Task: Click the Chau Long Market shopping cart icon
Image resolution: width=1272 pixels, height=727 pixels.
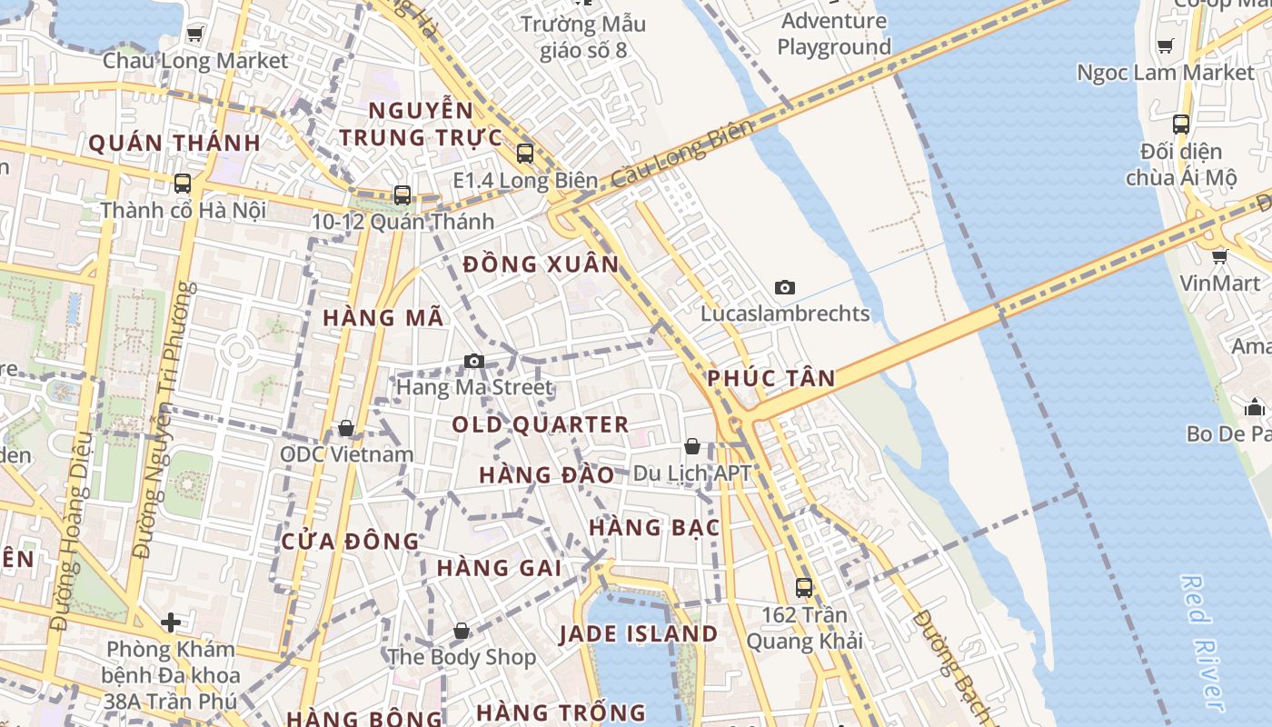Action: coord(194,35)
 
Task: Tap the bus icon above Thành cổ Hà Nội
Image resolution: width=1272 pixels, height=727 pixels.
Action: coord(183,184)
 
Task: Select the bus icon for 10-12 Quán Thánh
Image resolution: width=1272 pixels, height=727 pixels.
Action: coord(402,194)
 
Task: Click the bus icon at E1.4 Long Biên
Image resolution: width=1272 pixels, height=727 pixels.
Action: coord(525,154)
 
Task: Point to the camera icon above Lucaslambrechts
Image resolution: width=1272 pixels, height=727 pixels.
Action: coord(785,288)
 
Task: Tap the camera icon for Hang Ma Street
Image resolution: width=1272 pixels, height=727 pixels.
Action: coord(473,362)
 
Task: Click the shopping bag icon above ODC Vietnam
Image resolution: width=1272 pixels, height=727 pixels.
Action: coord(346,428)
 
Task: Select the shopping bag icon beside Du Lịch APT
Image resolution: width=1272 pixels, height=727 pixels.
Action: coord(692,446)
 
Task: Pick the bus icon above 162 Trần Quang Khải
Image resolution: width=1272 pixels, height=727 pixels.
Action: coord(804,588)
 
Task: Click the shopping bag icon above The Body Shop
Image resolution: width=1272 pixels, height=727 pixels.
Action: coord(462,631)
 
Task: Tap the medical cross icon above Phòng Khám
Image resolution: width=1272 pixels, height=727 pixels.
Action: coord(170,622)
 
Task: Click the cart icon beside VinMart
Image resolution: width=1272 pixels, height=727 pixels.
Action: coord(1220,256)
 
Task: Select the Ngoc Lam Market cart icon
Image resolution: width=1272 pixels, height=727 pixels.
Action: coord(1166,45)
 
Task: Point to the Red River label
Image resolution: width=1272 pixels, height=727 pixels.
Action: coord(1205,641)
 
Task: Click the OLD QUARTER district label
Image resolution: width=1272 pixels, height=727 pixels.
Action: coord(541,424)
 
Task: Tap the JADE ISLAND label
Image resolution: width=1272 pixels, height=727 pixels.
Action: coord(638,633)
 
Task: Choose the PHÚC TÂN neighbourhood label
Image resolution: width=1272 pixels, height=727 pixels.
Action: coord(771,378)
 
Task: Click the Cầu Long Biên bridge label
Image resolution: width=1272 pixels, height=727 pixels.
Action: coord(681,154)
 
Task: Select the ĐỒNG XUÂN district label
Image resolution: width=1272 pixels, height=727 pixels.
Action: coord(541,264)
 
